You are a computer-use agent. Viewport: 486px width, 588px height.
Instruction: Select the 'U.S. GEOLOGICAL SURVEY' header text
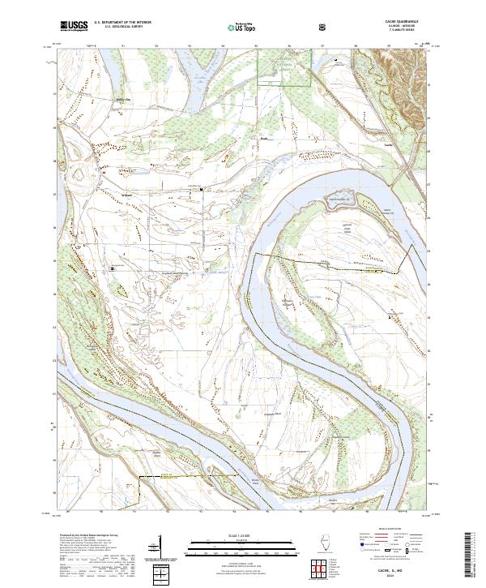(x=117, y=28)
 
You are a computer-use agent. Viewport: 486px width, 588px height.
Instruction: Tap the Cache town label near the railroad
(x=388, y=145)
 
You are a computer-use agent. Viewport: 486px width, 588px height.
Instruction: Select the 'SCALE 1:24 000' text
(x=241, y=536)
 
